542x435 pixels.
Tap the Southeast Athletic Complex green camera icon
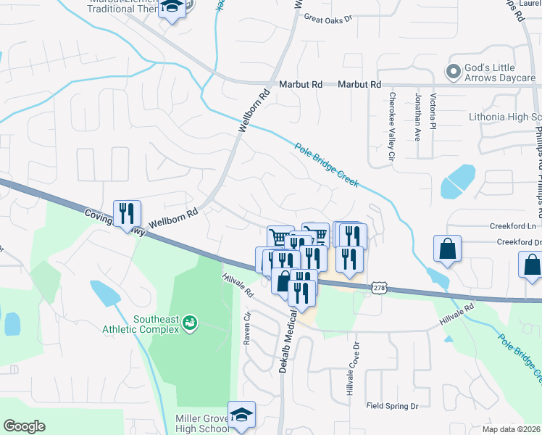[190, 321]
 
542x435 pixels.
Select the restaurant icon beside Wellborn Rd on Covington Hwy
[127, 213]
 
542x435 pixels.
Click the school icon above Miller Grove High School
[241, 415]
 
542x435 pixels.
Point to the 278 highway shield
[380, 288]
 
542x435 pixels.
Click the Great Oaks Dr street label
[328, 17]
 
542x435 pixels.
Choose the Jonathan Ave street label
[417, 116]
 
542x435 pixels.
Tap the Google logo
[24, 426]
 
